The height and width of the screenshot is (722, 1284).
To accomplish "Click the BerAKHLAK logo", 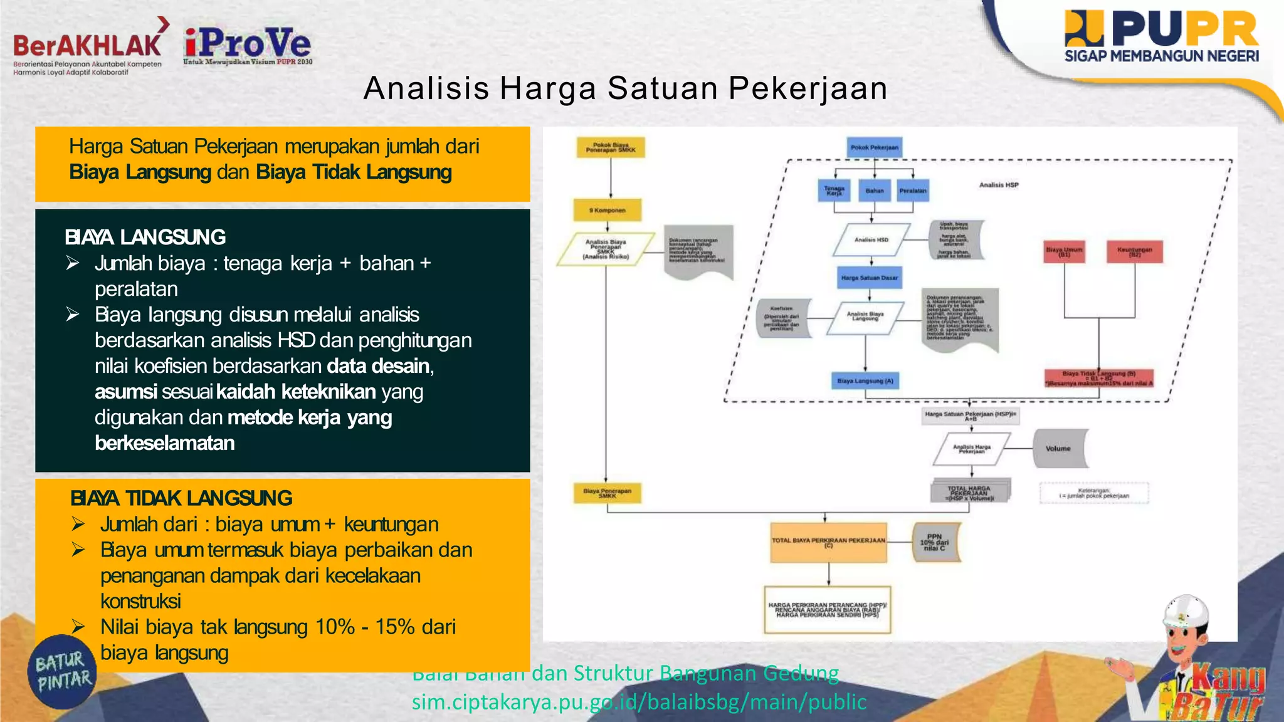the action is tap(88, 46).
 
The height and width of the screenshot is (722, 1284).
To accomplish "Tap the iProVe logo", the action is tap(248, 45).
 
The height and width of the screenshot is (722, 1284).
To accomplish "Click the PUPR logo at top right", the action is tap(1161, 36).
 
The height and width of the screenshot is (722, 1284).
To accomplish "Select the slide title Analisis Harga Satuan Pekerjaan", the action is tap(625, 88).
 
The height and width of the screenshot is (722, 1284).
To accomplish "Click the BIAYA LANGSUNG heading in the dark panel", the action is tap(145, 237).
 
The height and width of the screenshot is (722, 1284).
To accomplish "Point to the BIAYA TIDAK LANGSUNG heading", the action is tap(181, 498).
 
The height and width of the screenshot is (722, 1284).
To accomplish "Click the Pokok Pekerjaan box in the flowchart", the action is tap(874, 148).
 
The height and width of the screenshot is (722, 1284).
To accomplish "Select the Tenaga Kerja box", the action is tap(834, 191).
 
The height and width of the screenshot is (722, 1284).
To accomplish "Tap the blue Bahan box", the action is tap(875, 191).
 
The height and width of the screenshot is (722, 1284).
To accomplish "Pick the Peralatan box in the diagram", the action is tap(913, 191).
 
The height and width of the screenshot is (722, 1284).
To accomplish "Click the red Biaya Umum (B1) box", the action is tap(1065, 251).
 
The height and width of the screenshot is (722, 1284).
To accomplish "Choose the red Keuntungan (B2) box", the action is tap(1135, 251).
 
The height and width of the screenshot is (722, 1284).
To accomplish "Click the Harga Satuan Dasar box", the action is tap(870, 278).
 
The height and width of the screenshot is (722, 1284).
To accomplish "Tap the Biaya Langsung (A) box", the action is tap(865, 380).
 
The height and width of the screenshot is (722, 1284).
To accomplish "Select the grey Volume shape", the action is tap(1060, 448).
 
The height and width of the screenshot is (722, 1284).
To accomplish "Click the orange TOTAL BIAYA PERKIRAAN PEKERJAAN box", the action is tap(828, 541).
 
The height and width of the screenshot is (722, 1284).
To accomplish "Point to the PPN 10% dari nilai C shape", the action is tap(935, 542).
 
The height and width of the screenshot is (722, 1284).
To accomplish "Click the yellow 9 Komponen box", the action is tap(607, 211).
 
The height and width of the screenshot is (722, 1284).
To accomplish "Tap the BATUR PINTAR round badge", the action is tap(63, 671).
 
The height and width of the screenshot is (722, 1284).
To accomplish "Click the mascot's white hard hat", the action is tap(1186, 611).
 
